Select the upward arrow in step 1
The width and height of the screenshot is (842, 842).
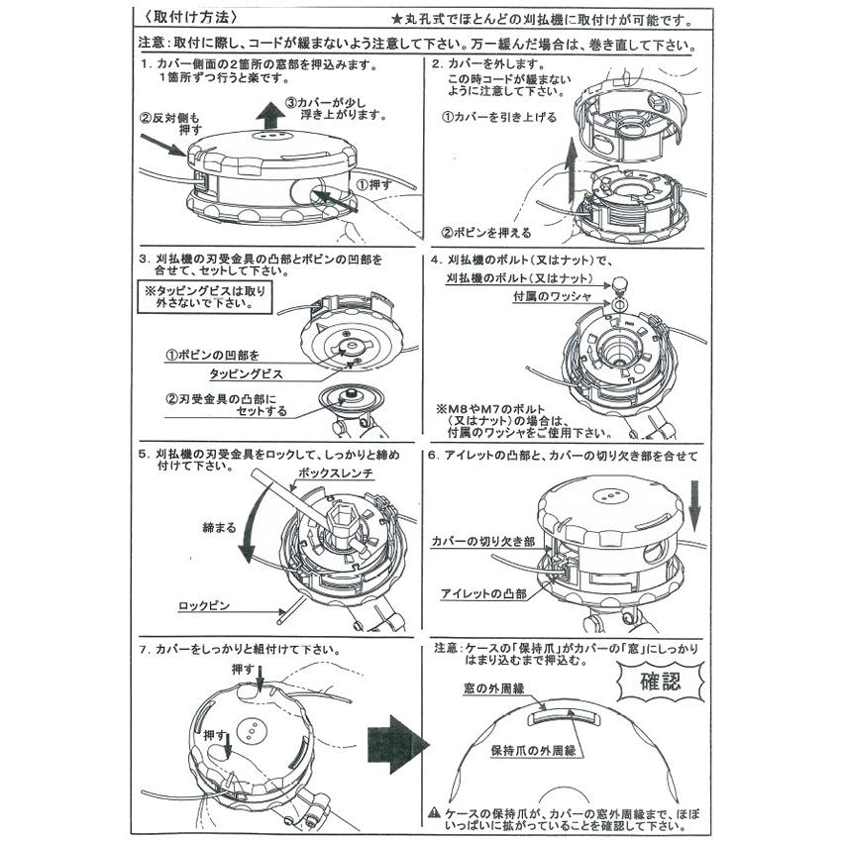(x=267, y=117)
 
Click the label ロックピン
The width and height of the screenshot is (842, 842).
(x=204, y=604)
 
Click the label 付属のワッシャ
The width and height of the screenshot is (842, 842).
(x=552, y=297)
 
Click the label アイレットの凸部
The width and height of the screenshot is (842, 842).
(x=483, y=593)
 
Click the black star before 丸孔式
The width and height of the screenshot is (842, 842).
(x=396, y=19)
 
